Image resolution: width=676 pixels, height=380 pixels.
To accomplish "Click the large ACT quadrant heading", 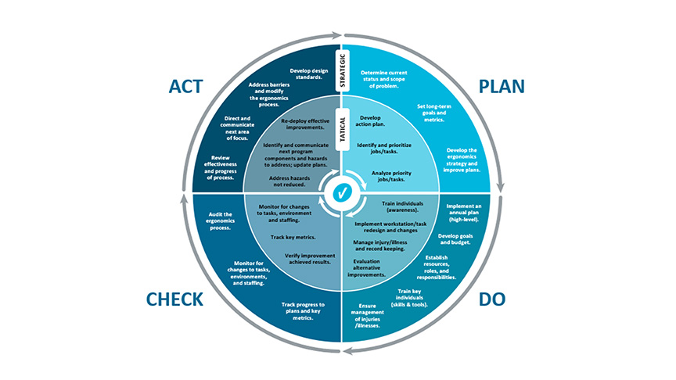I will (x=192, y=86).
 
